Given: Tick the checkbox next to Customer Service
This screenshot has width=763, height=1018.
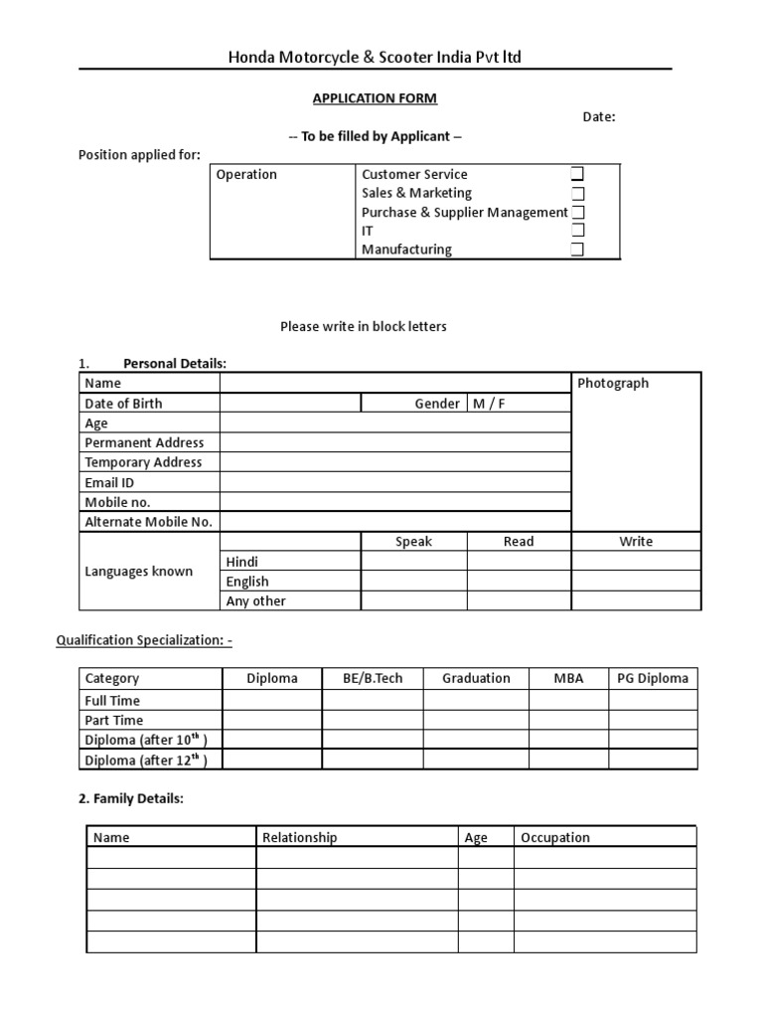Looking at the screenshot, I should [577, 174].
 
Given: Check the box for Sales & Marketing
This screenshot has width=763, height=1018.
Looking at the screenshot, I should [577, 193].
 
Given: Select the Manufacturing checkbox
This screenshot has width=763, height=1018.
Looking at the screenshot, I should [577, 250].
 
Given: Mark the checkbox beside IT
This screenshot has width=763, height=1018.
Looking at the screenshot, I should [577, 231].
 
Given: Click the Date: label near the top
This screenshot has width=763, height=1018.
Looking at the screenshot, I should [599, 117].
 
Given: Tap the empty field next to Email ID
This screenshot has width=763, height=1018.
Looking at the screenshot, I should [395, 482].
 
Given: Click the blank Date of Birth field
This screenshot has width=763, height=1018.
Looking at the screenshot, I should [290, 403].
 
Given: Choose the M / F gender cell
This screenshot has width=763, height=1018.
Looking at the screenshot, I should [488, 403].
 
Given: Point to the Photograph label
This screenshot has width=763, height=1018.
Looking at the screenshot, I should [613, 383].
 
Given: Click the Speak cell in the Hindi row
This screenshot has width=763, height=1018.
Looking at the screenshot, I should [413, 562].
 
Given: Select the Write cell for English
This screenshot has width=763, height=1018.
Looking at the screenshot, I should [636, 582].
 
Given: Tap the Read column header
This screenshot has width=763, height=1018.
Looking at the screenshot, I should [519, 542].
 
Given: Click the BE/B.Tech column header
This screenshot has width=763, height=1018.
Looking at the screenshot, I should [373, 678].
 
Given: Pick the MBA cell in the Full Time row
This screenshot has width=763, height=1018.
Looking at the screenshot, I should [568, 700].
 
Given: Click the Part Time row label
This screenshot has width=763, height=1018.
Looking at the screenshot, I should [114, 720].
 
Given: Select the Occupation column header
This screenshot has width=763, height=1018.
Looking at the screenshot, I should [555, 837].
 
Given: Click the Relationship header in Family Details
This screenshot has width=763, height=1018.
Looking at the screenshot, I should [300, 837].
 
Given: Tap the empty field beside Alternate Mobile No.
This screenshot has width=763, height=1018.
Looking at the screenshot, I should [395, 522].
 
